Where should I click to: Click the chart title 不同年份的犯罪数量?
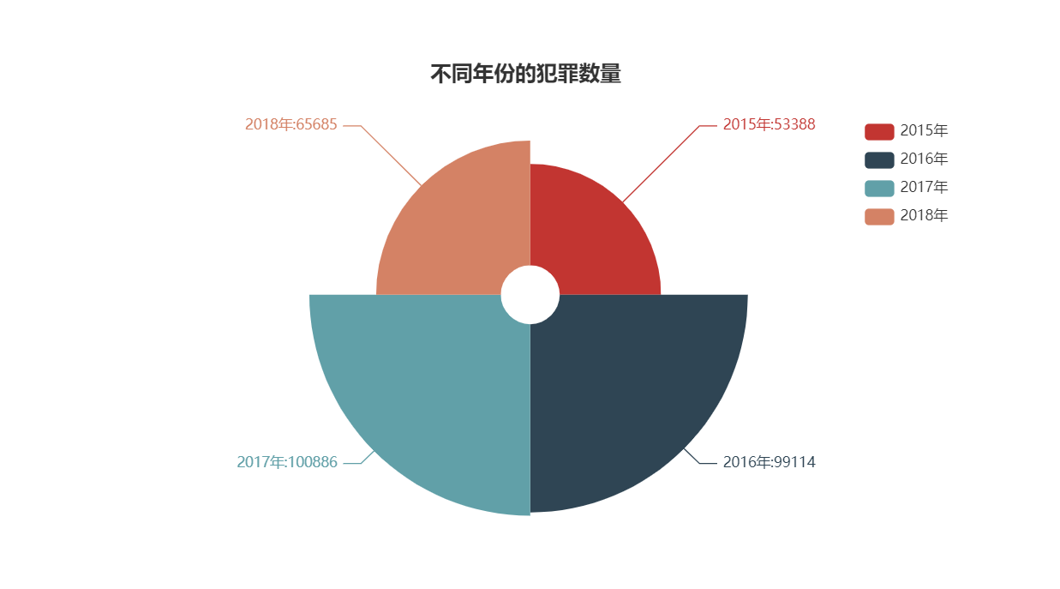coord(525,75)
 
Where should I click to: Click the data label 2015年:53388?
coord(769,124)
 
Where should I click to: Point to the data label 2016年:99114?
coord(769,462)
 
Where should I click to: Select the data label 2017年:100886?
coord(287,462)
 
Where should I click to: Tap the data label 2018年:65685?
coord(291,124)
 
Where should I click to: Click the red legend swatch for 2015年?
coord(879,131)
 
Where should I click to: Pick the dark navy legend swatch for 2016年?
coord(879,159)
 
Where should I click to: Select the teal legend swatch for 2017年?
coord(879,188)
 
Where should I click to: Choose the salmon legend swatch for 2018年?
coord(879,216)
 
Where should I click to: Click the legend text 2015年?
coord(924,131)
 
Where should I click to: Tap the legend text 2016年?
coord(924,159)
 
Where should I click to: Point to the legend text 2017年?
coord(924,188)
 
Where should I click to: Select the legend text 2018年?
coord(924,216)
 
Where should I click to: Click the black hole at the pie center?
coord(530,294)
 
